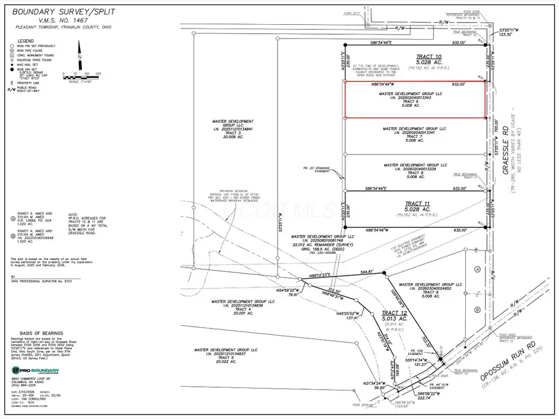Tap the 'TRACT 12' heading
click(394, 312)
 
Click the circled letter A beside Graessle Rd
click(477, 269)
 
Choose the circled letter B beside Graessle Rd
click(477, 309)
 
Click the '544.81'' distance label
click(368, 271)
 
